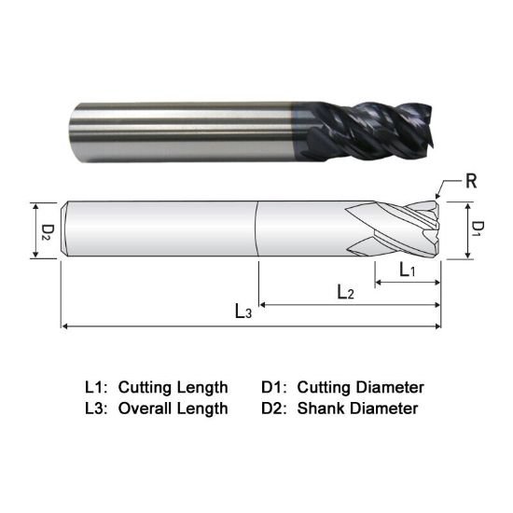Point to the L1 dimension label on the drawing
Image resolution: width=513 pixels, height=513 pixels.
(409, 270)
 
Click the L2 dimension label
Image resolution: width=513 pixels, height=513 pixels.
(345, 292)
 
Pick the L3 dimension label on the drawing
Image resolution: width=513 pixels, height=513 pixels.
(243, 312)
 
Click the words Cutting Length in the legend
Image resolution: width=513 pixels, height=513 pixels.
(173, 386)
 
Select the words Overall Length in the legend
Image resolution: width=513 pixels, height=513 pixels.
(173, 408)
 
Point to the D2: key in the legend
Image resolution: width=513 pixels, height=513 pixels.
(275, 408)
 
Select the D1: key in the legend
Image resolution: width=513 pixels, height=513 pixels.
(275, 386)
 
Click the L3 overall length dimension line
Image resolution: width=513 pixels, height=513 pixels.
(187, 326)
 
